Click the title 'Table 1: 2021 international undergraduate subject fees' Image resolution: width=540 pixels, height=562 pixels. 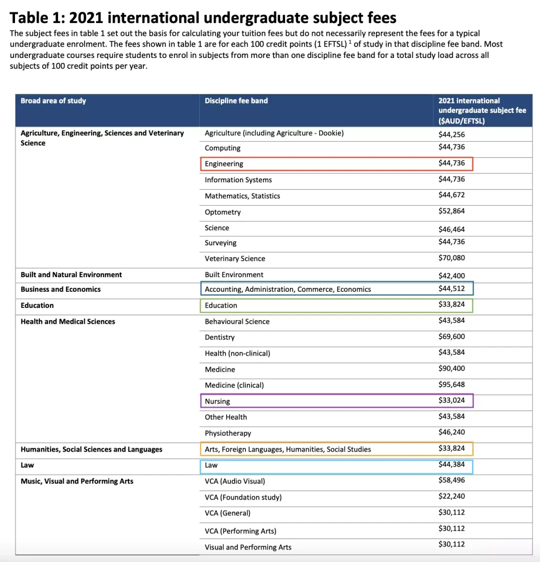(202, 18)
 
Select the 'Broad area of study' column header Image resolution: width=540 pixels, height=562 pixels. (53, 101)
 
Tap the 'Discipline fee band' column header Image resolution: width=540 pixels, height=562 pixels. (236, 101)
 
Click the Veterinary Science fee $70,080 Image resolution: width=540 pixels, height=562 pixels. (451, 258)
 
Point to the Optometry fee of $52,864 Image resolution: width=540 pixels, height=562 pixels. (451, 211)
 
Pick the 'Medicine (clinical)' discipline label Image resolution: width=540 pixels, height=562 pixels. (234, 385)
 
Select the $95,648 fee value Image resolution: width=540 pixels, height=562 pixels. (451, 384)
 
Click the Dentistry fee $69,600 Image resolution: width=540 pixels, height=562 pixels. (451, 336)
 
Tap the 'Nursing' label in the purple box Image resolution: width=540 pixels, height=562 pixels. (217, 401)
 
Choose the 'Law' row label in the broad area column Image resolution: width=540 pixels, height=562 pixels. (27, 465)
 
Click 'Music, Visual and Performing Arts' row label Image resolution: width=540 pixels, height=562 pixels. (77, 481)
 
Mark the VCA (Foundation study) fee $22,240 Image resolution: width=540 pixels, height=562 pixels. (451, 496)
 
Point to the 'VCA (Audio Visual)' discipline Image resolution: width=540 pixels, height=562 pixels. (235, 481)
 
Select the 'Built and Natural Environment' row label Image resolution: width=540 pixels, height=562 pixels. (71, 275)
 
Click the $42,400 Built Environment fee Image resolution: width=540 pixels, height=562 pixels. (451, 275)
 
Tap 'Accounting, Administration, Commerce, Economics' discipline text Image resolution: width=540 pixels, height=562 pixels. (288, 289)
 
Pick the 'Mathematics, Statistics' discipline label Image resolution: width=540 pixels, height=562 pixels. (242, 196)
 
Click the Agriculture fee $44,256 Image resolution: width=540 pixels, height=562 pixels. (451, 134)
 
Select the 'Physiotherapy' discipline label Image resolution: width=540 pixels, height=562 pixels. (228, 433)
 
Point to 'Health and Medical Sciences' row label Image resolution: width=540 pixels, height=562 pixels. (68, 322)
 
